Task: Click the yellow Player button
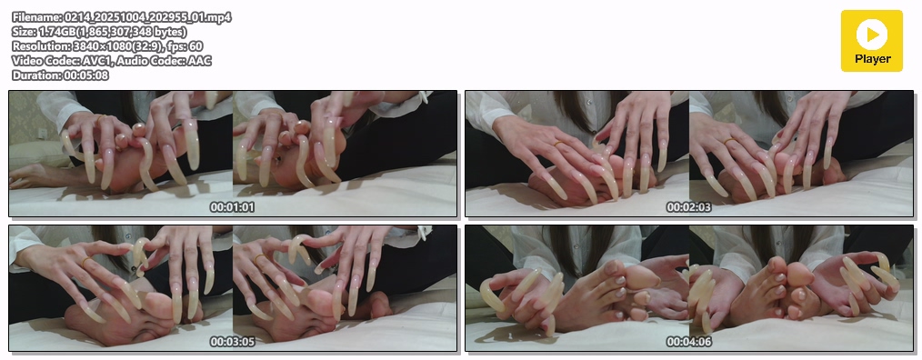871,41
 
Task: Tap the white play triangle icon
873,35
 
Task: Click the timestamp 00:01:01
232,207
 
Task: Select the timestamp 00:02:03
688,207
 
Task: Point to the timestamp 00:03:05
232,341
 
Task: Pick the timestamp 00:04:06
688,341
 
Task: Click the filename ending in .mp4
146,17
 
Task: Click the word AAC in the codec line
200,61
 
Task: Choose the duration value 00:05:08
85,75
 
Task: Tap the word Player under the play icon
873,59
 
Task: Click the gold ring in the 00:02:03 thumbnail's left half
558,143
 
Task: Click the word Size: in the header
25,32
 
